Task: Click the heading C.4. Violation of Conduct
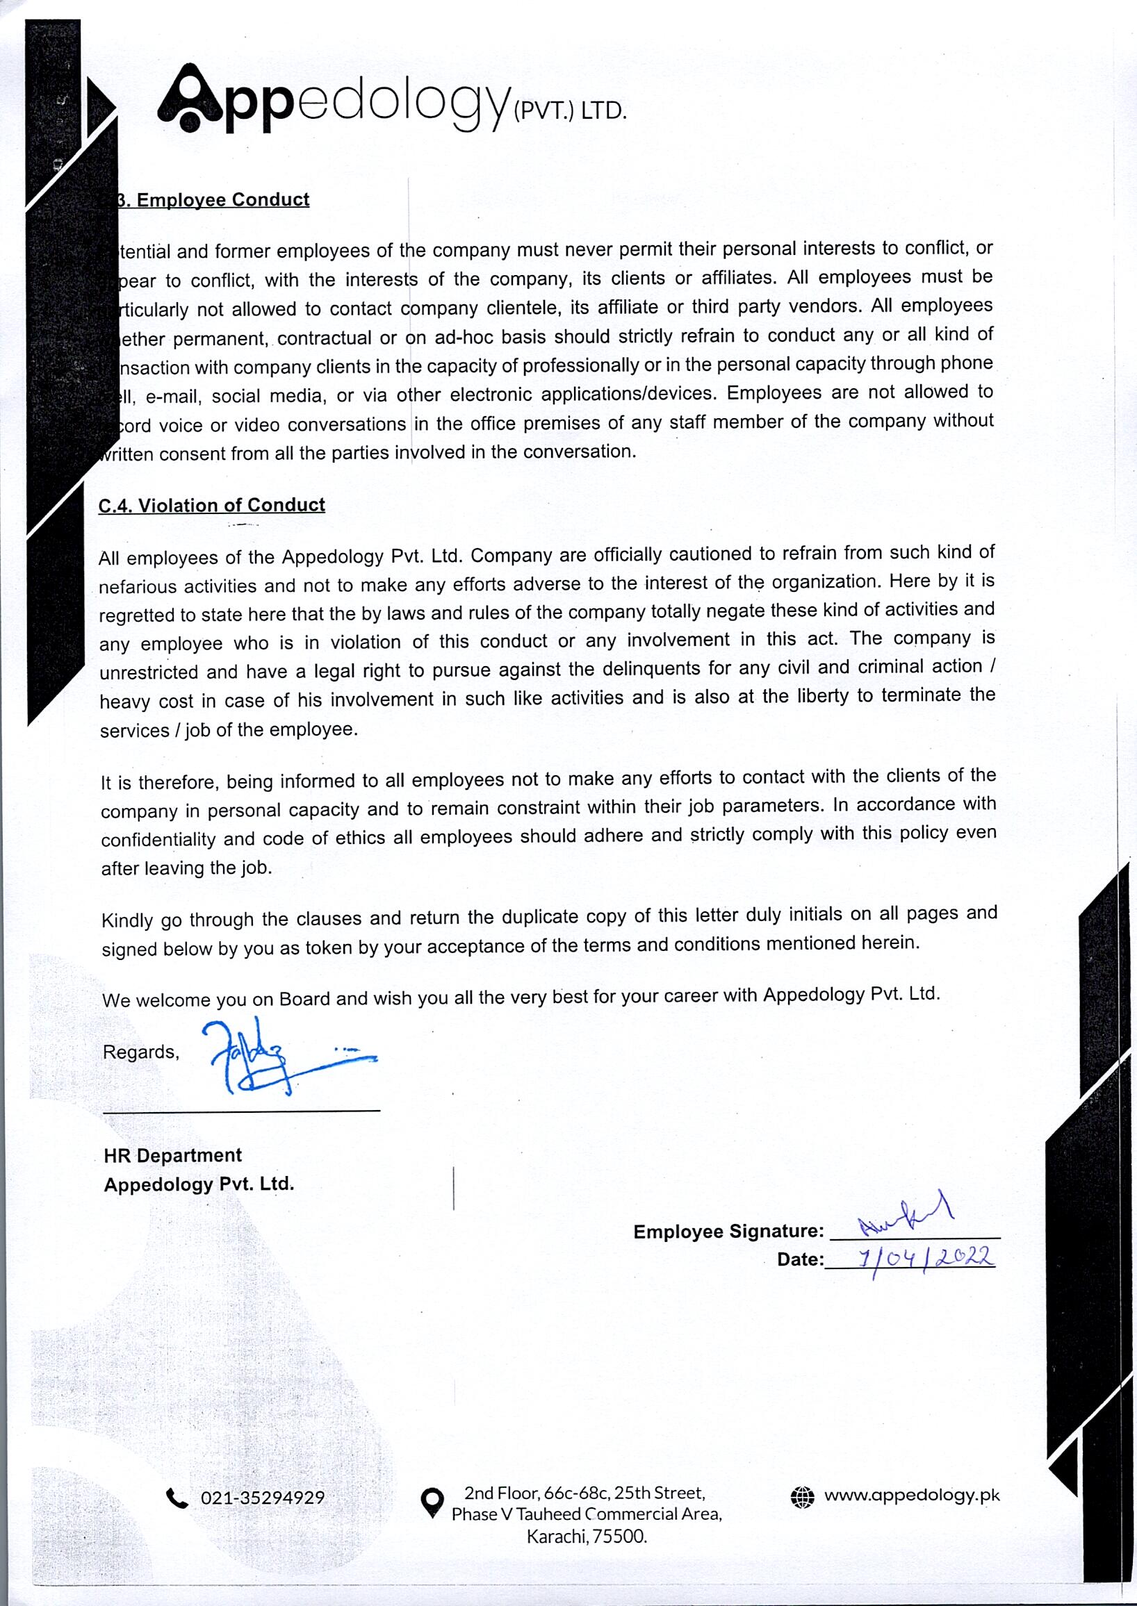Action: click(211, 505)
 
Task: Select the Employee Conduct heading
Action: click(222, 200)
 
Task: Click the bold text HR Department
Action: click(172, 1155)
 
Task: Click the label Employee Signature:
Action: click(728, 1232)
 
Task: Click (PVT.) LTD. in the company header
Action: click(569, 111)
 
